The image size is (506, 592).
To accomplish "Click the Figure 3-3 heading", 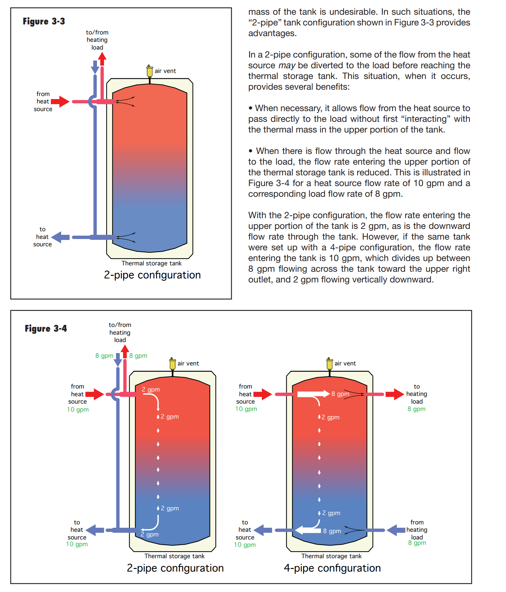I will click(44, 21).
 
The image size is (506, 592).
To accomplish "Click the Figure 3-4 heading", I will click(46, 329).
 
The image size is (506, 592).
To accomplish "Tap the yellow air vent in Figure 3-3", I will click(149, 71).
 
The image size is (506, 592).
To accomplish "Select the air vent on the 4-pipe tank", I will click(329, 363).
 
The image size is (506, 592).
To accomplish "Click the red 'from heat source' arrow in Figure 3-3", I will click(61, 101).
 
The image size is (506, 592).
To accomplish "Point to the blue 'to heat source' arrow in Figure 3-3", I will click(61, 237).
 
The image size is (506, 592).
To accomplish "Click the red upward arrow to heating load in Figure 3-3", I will click(102, 59).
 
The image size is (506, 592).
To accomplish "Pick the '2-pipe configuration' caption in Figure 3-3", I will click(152, 275).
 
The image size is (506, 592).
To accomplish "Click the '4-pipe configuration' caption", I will click(332, 568).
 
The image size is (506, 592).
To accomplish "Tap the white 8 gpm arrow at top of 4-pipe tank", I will click(313, 394).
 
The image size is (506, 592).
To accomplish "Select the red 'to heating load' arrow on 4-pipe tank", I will click(395, 394).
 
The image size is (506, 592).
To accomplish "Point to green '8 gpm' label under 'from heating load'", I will click(417, 543).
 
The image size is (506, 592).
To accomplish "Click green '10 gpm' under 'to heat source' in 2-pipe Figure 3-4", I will click(77, 544).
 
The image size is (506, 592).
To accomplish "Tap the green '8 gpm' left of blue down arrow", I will click(104, 356).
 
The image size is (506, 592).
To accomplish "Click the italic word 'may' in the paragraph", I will click(287, 66).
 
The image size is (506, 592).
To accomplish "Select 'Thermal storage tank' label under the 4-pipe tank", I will click(331, 556).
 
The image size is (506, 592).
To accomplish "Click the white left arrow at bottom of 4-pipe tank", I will click(308, 530).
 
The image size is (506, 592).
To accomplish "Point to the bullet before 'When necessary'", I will click(250, 108).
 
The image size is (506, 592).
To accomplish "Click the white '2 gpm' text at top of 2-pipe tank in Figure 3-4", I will click(151, 390).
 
